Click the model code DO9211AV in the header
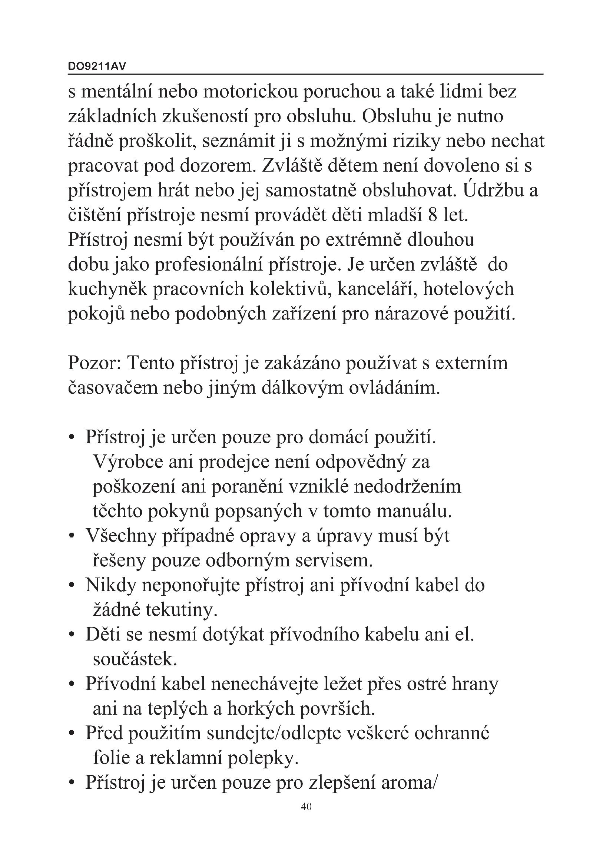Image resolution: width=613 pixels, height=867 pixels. coord(97,66)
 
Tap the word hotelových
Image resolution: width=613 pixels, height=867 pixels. coord(468,289)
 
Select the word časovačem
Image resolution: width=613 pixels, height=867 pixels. coord(113,388)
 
